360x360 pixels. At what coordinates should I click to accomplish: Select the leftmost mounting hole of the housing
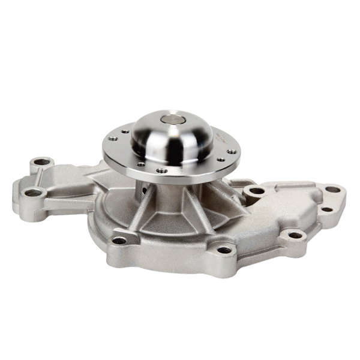[35, 193]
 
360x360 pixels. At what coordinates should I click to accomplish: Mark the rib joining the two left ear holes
[37, 176]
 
